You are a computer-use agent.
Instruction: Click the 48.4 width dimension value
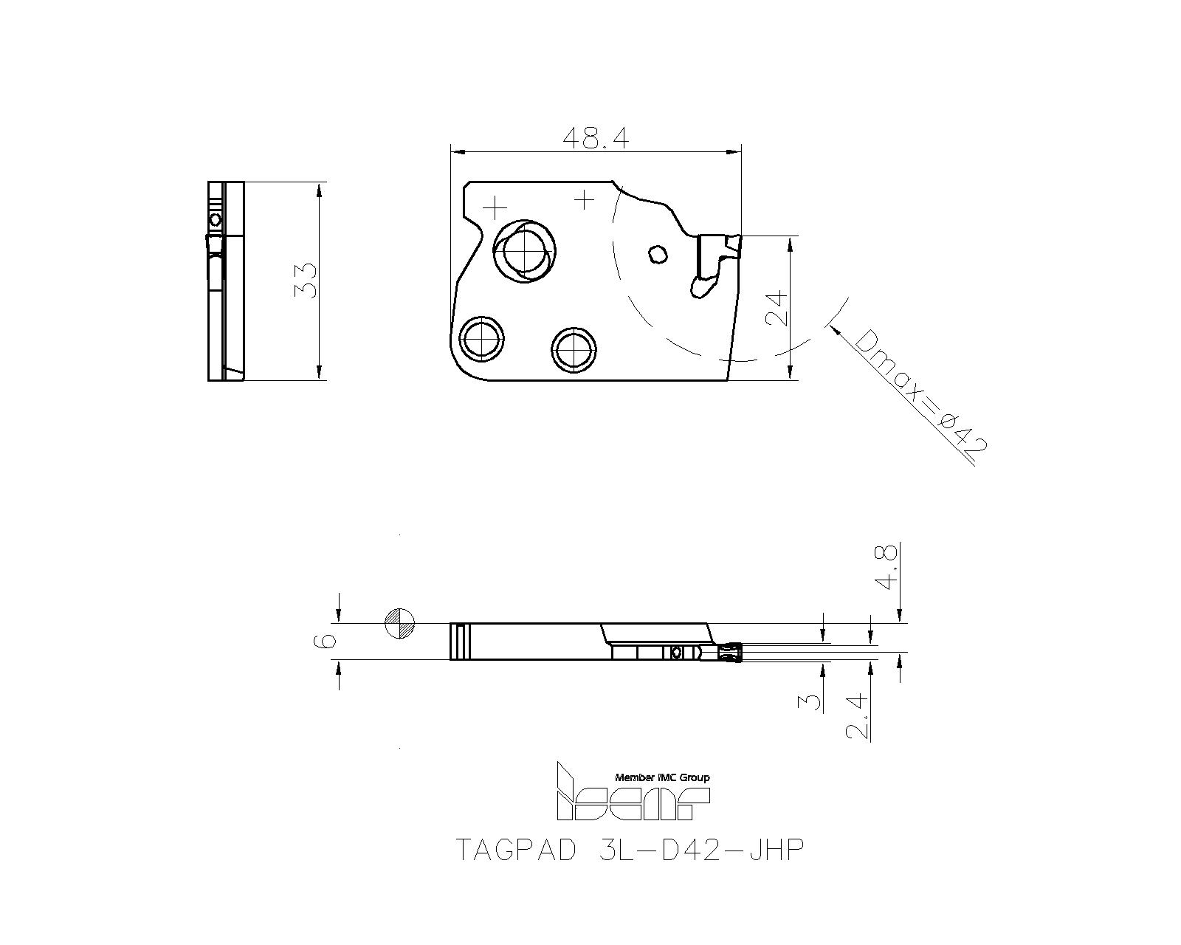(595, 138)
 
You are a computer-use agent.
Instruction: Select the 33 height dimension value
(306, 281)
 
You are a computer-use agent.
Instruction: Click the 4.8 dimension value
(886, 567)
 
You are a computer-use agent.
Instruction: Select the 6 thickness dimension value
(328, 640)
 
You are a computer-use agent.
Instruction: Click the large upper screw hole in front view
(523, 251)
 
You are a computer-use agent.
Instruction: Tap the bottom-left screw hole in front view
(481, 340)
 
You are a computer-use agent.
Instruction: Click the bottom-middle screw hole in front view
(574, 348)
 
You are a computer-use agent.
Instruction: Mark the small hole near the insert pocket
(656, 255)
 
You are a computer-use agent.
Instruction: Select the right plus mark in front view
(584, 199)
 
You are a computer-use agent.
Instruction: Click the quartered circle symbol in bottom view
(400, 624)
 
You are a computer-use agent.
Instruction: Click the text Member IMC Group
(662, 777)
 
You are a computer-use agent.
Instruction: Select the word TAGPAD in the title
(514, 850)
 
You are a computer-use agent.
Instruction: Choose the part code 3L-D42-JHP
(697, 850)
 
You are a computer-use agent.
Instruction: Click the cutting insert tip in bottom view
(729, 653)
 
